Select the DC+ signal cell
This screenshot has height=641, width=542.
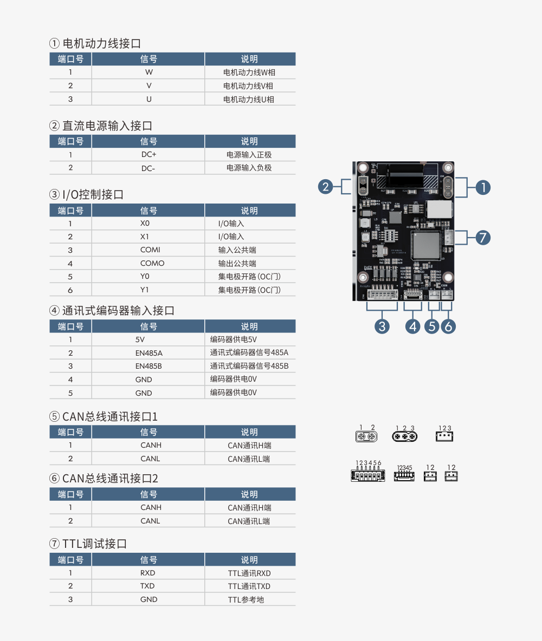coord(149,155)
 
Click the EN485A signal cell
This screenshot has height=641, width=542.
coord(149,353)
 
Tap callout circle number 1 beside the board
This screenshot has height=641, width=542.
coord(482,187)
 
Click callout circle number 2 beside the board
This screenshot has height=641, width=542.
coord(326,187)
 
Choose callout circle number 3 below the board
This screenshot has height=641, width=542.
coord(383,326)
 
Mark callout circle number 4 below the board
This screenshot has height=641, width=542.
coord(413,326)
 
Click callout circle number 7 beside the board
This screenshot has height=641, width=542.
coord(483,237)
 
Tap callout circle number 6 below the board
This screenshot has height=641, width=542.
coord(448,326)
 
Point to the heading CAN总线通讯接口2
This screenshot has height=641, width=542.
coord(110,479)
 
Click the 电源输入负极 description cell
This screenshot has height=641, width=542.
coord(249,168)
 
